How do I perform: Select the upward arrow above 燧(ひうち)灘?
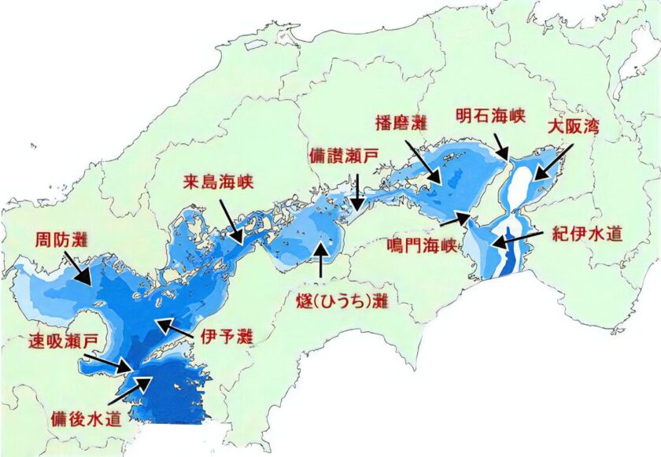[x=320, y=260]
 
